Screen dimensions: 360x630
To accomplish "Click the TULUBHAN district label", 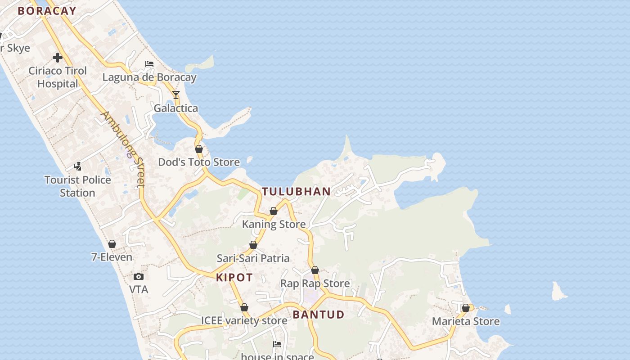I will pyautogui.click(x=296, y=191).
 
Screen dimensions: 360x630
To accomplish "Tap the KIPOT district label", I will pyautogui.click(x=234, y=277).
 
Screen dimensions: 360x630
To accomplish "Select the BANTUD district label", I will pyautogui.click(x=319, y=315).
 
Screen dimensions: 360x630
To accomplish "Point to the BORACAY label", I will pyautogui.click(x=47, y=11).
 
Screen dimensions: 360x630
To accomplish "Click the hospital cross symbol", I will pyautogui.click(x=58, y=58).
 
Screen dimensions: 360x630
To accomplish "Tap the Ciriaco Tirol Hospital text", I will pyautogui.click(x=58, y=77).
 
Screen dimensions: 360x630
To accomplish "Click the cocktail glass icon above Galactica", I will pyautogui.click(x=176, y=95).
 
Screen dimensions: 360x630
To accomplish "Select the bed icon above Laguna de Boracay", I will pyautogui.click(x=149, y=64).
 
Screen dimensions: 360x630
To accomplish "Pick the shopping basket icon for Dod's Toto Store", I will pyautogui.click(x=199, y=149).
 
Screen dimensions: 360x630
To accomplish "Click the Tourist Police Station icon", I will pyautogui.click(x=77, y=166).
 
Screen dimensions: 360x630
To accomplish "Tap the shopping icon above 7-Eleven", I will pyautogui.click(x=112, y=244).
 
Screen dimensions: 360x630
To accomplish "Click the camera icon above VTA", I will pyautogui.click(x=139, y=276).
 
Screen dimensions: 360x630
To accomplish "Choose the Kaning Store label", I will pyautogui.click(x=274, y=224).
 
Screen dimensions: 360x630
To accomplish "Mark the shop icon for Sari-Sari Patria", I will pyautogui.click(x=253, y=245).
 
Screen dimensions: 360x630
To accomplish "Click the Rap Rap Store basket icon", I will pyautogui.click(x=315, y=270).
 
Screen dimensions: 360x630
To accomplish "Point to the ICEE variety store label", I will pyautogui.click(x=244, y=320).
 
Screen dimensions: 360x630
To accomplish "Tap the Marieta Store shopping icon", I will pyautogui.click(x=466, y=308).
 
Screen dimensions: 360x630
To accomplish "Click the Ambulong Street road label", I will pyautogui.click(x=123, y=149).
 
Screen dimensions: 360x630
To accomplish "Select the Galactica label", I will pyautogui.click(x=176, y=108).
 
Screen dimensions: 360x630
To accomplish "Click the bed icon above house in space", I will pyautogui.click(x=277, y=344).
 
